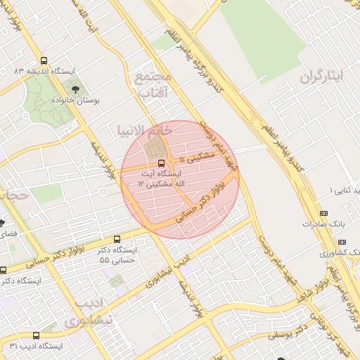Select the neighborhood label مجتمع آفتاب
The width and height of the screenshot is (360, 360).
click(152, 84)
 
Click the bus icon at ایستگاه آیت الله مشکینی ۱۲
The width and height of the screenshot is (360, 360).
click(162, 164)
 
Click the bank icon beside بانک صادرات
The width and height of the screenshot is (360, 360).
click(323, 213)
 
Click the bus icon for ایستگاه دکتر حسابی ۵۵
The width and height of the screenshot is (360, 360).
click(117, 239)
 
